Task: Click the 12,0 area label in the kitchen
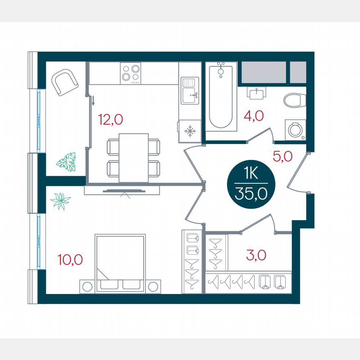[x=110, y=120]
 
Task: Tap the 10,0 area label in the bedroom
[x=70, y=260]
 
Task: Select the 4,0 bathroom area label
[x=254, y=116]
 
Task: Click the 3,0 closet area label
[x=256, y=255]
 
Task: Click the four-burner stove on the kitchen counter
[x=130, y=73]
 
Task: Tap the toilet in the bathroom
[x=295, y=100]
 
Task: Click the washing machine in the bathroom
[x=295, y=130]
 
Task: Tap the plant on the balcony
[x=66, y=162]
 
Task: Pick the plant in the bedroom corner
[x=60, y=201]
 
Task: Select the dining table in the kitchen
[x=133, y=157]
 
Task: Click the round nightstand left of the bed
[x=87, y=287]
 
